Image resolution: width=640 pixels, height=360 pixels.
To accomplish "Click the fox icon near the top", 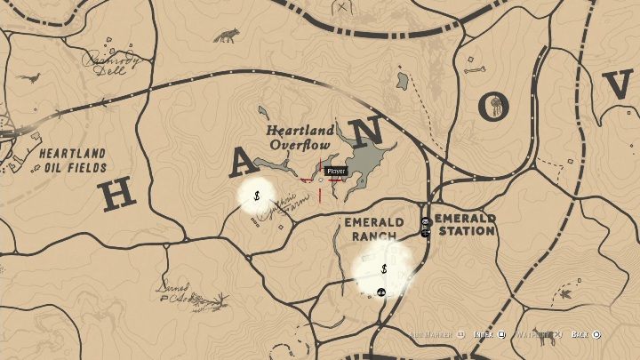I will point(226,36).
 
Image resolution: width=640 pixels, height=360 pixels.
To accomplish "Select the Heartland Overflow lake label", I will point(300,138).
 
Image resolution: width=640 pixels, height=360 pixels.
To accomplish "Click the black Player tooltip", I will point(335,171).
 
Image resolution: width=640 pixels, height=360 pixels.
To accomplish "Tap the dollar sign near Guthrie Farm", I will point(256,195).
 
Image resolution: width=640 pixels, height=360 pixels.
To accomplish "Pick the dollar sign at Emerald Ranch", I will point(383,268).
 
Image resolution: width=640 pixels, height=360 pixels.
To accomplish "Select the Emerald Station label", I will point(464,224).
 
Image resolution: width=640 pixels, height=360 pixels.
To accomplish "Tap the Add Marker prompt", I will point(436,335).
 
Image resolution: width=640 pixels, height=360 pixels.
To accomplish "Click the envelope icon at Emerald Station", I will point(426,221).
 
